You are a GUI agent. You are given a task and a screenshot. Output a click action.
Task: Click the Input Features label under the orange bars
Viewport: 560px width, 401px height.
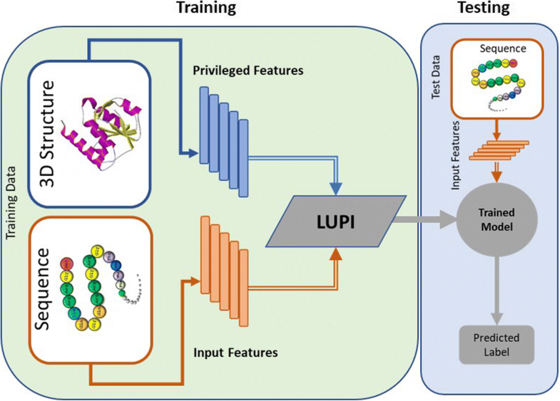(235, 352)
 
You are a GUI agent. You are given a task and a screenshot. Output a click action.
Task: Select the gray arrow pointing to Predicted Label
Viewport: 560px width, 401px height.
(489, 288)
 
